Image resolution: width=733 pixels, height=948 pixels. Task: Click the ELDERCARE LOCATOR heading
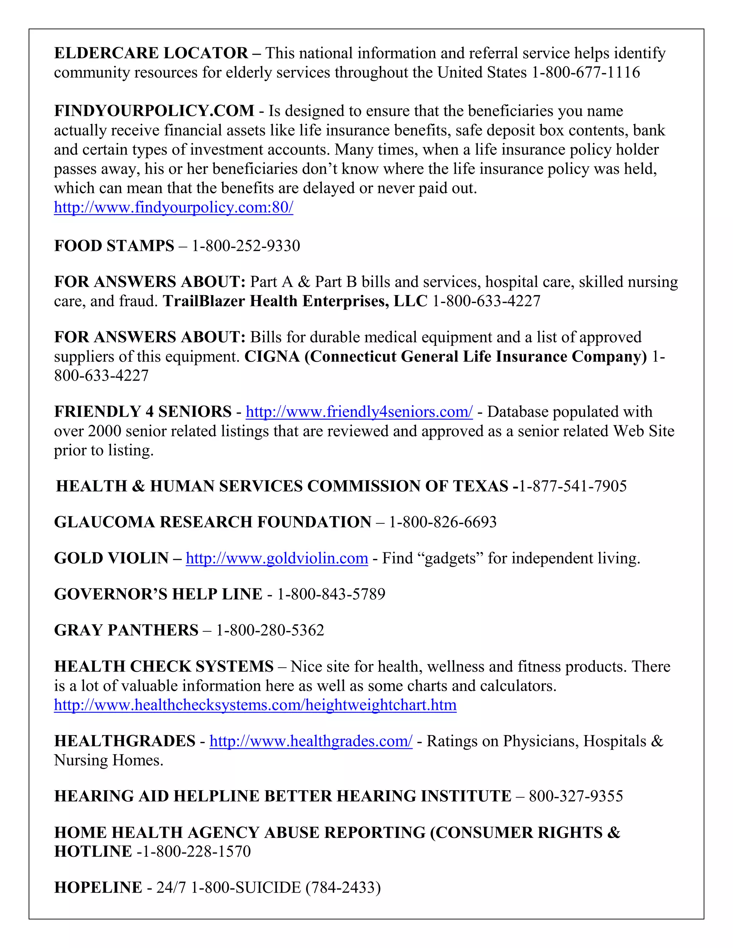[x=151, y=53]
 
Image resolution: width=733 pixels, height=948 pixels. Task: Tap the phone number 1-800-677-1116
[x=586, y=72]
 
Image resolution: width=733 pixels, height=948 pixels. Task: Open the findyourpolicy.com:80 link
[x=173, y=207]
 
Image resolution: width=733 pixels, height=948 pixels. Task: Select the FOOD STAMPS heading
[x=114, y=246]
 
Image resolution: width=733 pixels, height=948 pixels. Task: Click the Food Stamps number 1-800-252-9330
[x=246, y=246]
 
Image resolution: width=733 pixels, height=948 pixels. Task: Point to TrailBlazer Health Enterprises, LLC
[x=295, y=301]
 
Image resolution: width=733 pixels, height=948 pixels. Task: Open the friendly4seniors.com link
[x=359, y=411]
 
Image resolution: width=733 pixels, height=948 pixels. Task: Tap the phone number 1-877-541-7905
[x=573, y=486]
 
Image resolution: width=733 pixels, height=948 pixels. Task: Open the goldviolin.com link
[x=277, y=558]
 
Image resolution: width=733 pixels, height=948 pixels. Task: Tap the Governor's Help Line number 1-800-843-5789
[x=331, y=594]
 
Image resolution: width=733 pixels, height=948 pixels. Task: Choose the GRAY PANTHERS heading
[x=126, y=630]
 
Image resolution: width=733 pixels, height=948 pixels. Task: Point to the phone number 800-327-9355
[x=576, y=796]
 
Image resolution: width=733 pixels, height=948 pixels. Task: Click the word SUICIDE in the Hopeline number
[x=268, y=887]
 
